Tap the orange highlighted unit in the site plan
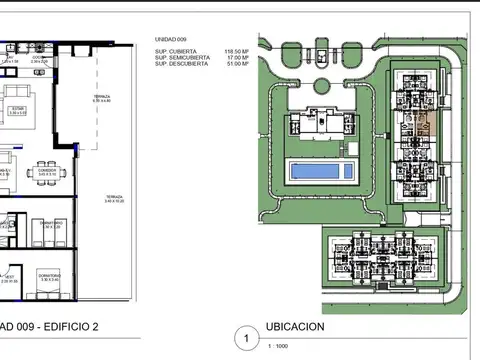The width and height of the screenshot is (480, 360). (425, 128)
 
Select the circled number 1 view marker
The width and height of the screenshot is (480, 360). (240, 338)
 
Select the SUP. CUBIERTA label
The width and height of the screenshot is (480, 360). (176, 50)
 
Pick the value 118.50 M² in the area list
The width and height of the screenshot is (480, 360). (237, 50)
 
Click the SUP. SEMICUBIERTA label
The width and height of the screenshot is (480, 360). (182, 57)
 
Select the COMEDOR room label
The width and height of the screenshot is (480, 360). (47, 171)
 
